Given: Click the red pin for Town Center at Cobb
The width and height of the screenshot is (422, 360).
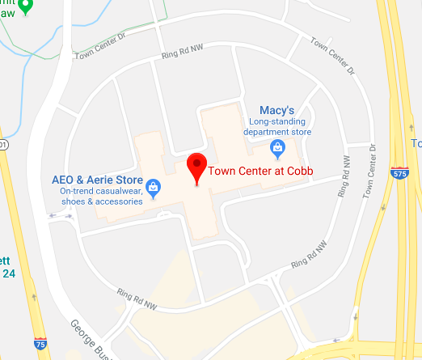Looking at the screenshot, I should pyautogui.click(x=196, y=167).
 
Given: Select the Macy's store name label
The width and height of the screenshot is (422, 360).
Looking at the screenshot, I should pyautogui.click(x=277, y=110).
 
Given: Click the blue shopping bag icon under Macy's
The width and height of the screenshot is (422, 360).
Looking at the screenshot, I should pyautogui.click(x=277, y=147).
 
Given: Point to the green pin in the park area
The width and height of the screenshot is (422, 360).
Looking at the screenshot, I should pyautogui.click(x=25, y=7).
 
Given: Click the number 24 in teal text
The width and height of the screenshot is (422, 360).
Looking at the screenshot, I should pyautogui.click(x=9, y=273).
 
